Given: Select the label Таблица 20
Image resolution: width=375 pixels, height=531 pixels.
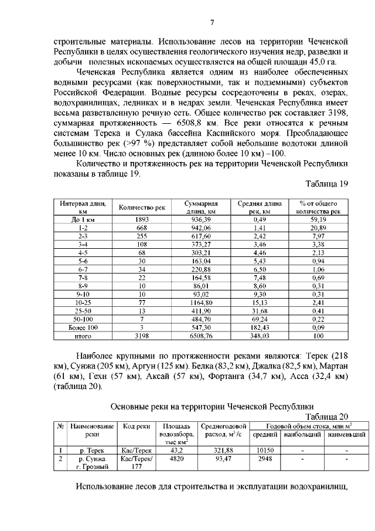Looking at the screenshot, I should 329,415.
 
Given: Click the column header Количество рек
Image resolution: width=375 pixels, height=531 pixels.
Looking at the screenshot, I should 142,207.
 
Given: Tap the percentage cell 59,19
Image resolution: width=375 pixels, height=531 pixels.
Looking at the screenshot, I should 318,219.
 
